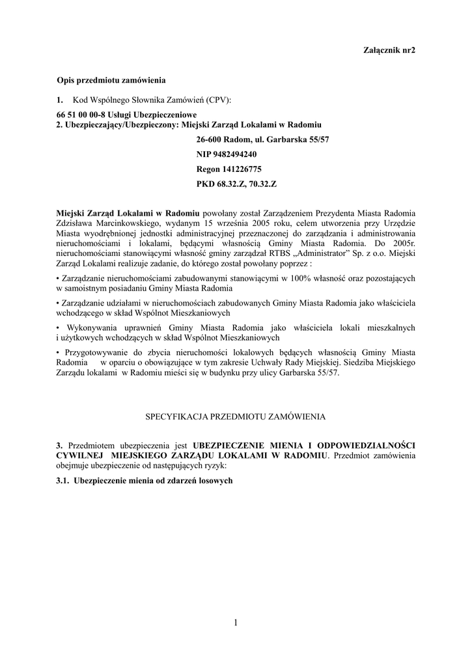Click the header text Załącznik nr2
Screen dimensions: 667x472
point(388,50)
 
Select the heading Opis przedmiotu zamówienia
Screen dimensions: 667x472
point(111,80)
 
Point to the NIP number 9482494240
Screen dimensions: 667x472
point(226,154)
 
